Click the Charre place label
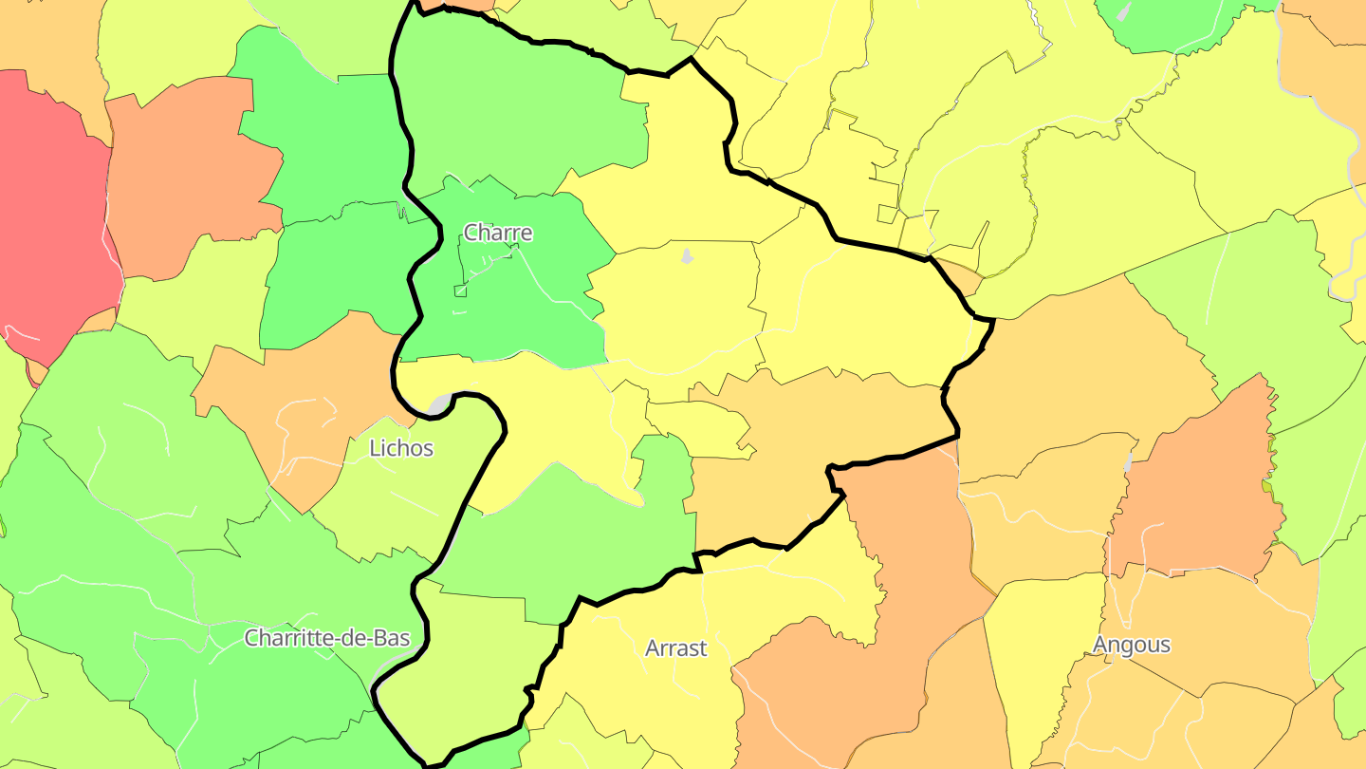click(497, 233)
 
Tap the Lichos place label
click(401, 448)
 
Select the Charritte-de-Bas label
click(327, 637)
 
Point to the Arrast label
click(675, 648)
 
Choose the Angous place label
click(1131, 645)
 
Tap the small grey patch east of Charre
click(687, 255)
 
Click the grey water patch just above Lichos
click(439, 405)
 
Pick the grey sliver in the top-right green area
click(1125, 11)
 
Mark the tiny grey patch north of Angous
click(1127, 463)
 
